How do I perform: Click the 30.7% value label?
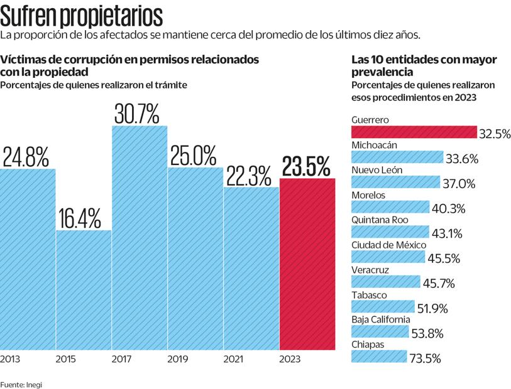click(137, 114)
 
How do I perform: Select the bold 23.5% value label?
click(306, 167)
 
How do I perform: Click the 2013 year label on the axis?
click(10, 360)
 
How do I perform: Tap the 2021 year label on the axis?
click(234, 360)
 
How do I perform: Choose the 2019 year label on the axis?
click(178, 360)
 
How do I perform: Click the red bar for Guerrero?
click(414, 132)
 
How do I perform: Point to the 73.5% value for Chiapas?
click(424, 358)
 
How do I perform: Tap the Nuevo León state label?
click(377, 170)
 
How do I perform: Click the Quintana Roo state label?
click(380, 220)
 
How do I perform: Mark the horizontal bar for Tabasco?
click(383, 307)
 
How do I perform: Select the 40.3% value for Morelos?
click(447, 208)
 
